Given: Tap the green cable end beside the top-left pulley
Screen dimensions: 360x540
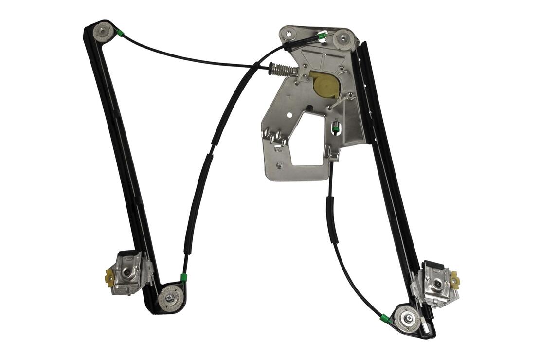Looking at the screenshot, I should (120, 34).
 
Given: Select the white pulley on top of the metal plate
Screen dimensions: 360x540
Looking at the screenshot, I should (343, 39).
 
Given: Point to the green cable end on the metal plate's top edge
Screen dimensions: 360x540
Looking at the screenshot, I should (321, 36).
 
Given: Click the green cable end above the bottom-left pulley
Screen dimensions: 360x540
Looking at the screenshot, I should (184, 278).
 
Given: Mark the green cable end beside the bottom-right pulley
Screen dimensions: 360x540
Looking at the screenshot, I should (384, 319).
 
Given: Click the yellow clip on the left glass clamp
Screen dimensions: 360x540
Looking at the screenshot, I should (109, 279).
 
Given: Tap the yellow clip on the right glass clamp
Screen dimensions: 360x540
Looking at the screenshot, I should (455, 281).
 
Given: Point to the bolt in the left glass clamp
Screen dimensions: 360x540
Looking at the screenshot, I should (127, 273).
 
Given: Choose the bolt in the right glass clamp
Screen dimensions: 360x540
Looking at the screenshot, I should (437, 282).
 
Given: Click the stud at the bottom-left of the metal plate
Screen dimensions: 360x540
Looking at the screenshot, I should (280, 165).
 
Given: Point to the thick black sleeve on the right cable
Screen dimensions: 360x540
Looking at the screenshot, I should (334, 221).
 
